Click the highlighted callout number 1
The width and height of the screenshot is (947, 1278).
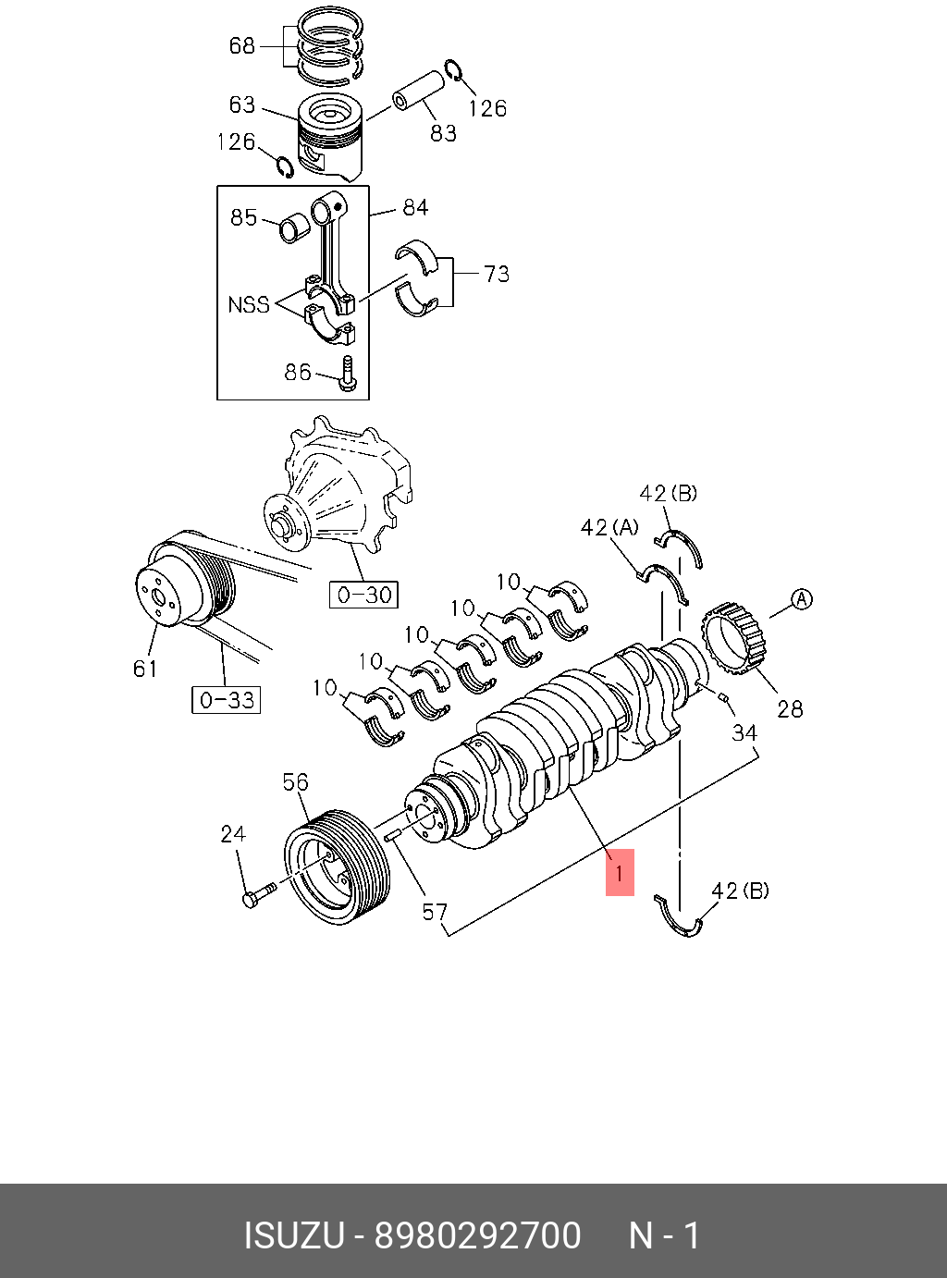620,872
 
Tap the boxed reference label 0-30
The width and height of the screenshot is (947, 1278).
364,595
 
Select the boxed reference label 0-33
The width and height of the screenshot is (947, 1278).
227,700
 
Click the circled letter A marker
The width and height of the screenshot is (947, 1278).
802,599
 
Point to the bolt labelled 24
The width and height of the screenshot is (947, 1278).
257,895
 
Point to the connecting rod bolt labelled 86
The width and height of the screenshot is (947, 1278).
348,374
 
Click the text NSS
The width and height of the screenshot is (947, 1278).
249,304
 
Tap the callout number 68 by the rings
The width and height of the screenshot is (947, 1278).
242,45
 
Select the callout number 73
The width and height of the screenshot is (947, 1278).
497,274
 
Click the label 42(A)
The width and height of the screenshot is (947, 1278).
609,527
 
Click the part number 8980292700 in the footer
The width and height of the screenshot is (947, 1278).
477,1235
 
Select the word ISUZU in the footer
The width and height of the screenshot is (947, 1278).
293,1235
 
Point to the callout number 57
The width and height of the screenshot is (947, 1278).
435,913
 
